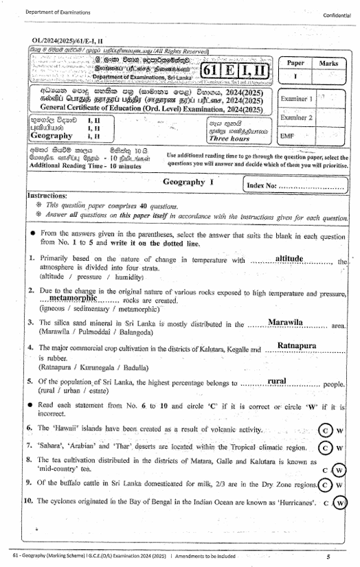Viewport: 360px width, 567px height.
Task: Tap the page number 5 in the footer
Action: coord(328,556)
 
